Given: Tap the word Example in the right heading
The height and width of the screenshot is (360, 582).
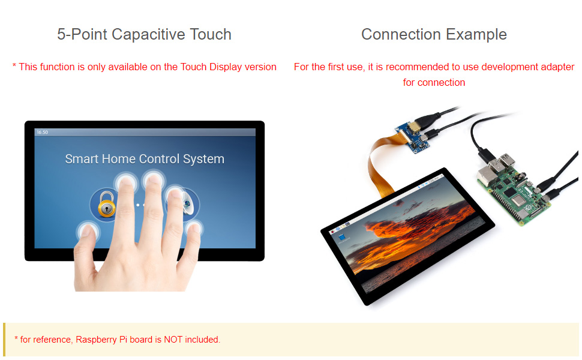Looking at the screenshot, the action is pos(476,35).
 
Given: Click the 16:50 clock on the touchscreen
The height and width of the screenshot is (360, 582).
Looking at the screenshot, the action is pos(43,132).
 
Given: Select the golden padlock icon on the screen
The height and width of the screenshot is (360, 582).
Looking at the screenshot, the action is pos(107,204).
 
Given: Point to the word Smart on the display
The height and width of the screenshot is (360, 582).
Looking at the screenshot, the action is pos(82,159).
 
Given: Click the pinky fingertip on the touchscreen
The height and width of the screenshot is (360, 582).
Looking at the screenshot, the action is pos(193,228).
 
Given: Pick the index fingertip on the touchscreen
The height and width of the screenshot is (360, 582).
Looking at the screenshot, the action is pos(126,182).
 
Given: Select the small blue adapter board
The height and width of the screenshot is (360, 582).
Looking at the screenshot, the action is pos(413,137).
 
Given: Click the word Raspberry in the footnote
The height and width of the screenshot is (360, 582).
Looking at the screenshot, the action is pos(96,340).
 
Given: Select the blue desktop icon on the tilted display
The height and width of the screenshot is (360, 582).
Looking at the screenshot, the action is pos(343,238).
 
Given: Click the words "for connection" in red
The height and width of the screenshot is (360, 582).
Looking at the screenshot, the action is pos(434,82).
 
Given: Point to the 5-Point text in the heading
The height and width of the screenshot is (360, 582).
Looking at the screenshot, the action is pos(82,35).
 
